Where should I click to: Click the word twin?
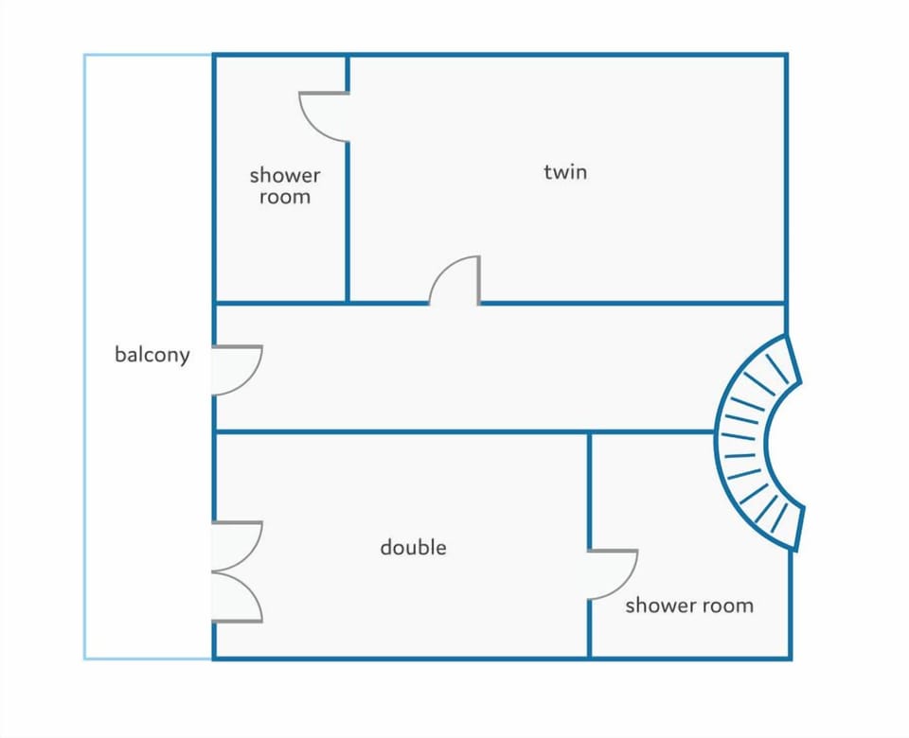[x=565, y=172]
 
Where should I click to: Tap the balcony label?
[x=151, y=355]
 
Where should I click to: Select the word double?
[x=414, y=547]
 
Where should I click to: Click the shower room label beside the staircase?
[x=689, y=606]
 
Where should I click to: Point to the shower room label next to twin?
[x=285, y=186]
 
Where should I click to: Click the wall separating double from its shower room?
[x=589, y=490]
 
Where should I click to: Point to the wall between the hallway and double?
[x=464, y=431]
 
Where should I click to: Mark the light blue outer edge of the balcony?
[x=84, y=357]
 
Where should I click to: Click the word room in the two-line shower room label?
[x=285, y=198]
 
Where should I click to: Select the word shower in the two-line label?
[x=285, y=174]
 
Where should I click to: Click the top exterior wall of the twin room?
[x=567, y=55]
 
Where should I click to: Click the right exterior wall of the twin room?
[x=786, y=179]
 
